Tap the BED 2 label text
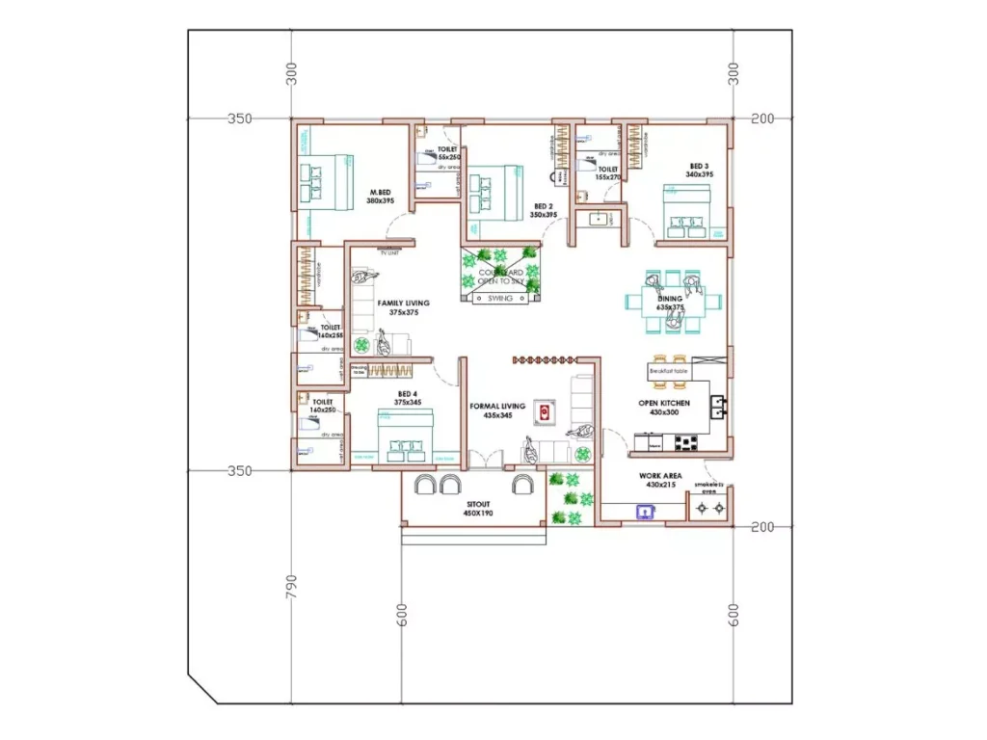(544, 210)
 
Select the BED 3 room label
(699, 170)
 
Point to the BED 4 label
(408, 398)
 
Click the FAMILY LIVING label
(403, 307)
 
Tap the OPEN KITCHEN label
(664, 408)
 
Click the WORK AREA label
(661, 480)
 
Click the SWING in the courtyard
(499, 299)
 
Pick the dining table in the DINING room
(671, 300)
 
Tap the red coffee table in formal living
(545, 412)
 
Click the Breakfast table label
(667, 370)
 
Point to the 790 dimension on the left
(292, 587)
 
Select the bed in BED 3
(686, 213)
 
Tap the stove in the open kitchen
(685, 443)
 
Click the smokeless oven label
(709, 488)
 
